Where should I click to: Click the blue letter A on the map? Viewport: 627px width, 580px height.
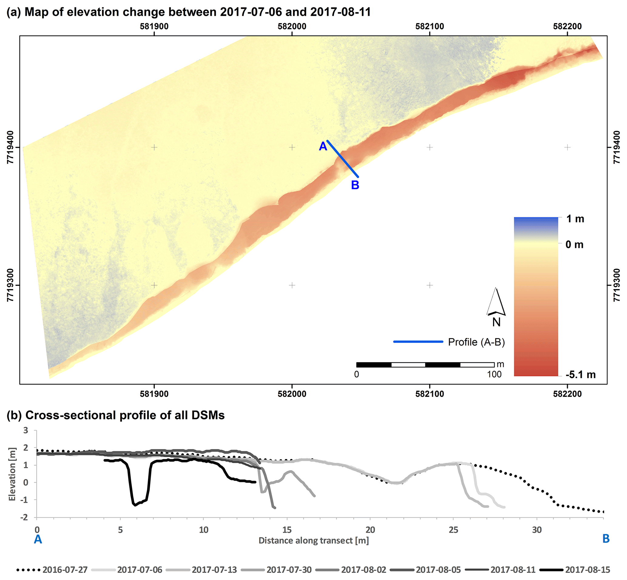pyautogui.click(x=323, y=146)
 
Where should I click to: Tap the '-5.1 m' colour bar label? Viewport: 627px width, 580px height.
pyautogui.click(x=580, y=375)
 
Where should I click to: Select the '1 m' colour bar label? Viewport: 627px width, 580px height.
pyautogui.click(x=575, y=219)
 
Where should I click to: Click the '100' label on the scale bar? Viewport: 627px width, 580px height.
pyautogui.click(x=494, y=375)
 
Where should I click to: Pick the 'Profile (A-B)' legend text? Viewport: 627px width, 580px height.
pyautogui.click(x=476, y=342)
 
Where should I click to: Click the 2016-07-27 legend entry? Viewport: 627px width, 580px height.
pyautogui.click(x=65, y=570)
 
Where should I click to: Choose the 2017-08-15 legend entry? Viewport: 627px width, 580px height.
pyautogui.click(x=588, y=570)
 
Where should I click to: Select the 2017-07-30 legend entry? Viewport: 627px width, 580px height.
pyautogui.click(x=289, y=570)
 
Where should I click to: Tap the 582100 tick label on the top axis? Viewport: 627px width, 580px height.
pyautogui.click(x=430, y=26)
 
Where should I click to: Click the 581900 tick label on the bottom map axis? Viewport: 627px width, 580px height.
pyautogui.click(x=154, y=394)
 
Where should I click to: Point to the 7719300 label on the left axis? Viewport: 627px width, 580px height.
pyautogui.click(x=11, y=285)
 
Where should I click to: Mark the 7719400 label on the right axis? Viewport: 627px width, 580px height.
pyautogui.click(x=617, y=147)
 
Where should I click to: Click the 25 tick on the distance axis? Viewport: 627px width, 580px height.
pyautogui.click(x=453, y=530)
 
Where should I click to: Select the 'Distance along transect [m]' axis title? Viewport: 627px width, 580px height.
pyautogui.click(x=313, y=541)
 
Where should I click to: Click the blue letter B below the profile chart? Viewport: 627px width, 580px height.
pyautogui.click(x=606, y=539)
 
